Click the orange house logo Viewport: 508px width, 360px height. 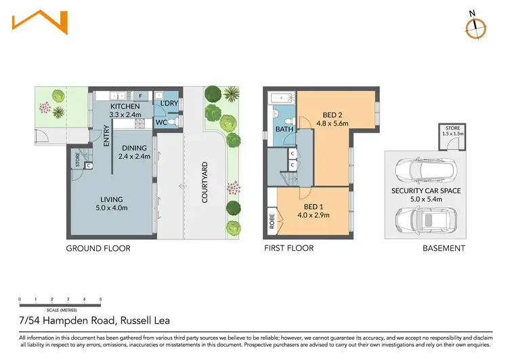pos(40,20)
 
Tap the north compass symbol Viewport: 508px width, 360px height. pos(477,24)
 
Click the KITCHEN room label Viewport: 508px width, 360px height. pos(125,106)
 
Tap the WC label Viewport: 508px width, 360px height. pos(161,123)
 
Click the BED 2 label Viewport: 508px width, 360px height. pos(332,115)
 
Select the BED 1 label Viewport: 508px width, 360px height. pos(313,206)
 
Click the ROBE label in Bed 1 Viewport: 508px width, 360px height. pos(272,221)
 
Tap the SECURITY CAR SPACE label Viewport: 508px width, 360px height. pos(425,191)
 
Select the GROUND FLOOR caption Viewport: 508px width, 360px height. pos(98,249)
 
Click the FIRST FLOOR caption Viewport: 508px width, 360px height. pos(289,249)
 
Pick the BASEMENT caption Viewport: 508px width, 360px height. pos(444,249)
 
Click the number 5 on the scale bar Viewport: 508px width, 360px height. pos(101,299)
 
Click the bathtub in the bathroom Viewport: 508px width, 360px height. pos(281,99)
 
